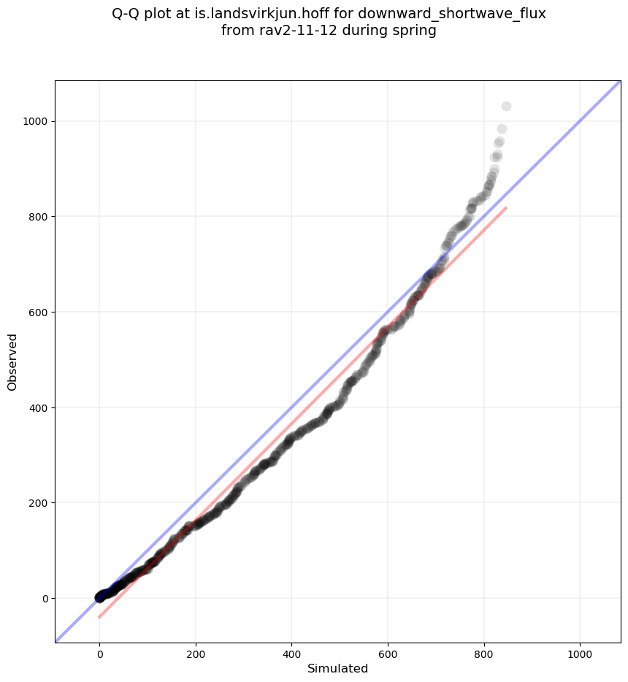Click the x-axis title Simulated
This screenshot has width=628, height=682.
337,669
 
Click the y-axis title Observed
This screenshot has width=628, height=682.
12,361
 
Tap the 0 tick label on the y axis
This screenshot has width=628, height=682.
45,599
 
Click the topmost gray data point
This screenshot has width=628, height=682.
506,107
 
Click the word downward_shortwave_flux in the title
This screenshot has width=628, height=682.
452,14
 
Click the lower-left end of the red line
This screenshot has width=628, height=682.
99,617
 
